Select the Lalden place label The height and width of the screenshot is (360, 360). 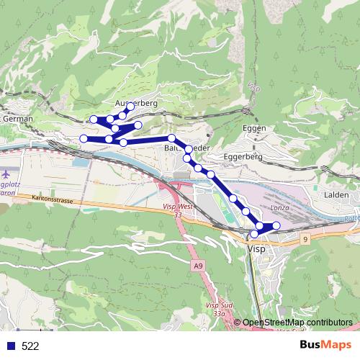pyautogui.click(x=336, y=194)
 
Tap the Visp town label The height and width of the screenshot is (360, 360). pyautogui.click(x=256, y=248)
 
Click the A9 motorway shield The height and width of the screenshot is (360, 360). pyautogui.click(x=198, y=266)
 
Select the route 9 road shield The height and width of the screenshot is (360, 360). pyautogui.click(x=305, y=238)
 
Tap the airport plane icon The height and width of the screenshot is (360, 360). pyautogui.click(x=6, y=174)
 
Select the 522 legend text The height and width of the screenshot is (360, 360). pyautogui.click(x=30, y=346)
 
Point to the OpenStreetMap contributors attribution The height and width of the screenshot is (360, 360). pyautogui.click(x=296, y=322)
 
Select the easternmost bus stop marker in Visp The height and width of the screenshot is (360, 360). pyautogui.click(x=276, y=226)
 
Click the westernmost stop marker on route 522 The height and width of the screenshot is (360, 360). pyautogui.click(x=84, y=138)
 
